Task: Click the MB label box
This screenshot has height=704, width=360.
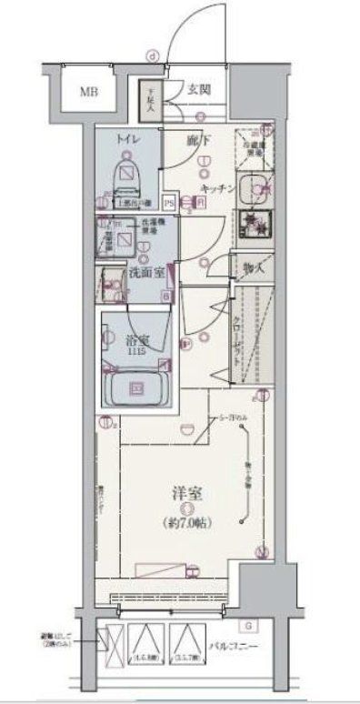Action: coord(89,91)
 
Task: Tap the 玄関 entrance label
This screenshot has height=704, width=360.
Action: coord(199,89)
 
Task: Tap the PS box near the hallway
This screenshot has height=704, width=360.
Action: coord(168,203)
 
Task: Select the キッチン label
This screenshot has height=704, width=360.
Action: coord(219,186)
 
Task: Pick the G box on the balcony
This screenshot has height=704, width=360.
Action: coord(249,626)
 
